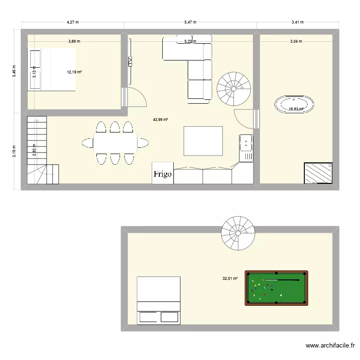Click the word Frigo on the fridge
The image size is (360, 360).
click(163, 175)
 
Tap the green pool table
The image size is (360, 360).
click(276, 288)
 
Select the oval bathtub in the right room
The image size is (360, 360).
click(294, 105)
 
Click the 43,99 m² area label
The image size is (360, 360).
click(160, 120)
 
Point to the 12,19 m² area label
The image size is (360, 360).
click(74, 72)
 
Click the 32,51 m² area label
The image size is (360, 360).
click(230, 278)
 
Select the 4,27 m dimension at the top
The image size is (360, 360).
click(72, 22)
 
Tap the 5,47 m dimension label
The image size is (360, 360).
click(190, 22)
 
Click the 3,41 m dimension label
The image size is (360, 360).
click(298, 22)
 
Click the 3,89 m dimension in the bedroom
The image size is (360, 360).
click(74, 41)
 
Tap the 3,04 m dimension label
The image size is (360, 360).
click(296, 41)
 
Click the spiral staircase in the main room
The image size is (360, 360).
click(234, 89)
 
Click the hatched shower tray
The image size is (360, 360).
click(318, 173)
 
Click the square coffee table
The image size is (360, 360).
click(203, 141)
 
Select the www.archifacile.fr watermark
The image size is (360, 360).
click(330, 346)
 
